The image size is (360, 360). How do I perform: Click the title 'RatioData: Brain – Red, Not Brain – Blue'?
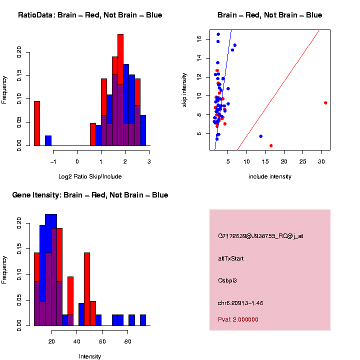click(90, 15)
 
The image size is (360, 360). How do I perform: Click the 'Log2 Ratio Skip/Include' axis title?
click(90, 176)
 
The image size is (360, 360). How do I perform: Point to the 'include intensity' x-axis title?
click(270, 176)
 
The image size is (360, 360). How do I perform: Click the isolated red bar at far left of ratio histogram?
click(37, 123)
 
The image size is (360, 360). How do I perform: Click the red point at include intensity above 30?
click(325, 102)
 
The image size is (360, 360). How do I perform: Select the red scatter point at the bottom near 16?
click(271, 145)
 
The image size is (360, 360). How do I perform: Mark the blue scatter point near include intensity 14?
click(260, 136)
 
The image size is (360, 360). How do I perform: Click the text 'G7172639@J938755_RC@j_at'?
click(260, 236)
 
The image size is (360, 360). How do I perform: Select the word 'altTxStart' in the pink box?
click(231, 258)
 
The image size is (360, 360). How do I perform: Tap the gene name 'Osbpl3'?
click(227, 280)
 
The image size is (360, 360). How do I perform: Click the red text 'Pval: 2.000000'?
click(238, 319)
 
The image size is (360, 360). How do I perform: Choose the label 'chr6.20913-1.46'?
click(240, 303)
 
